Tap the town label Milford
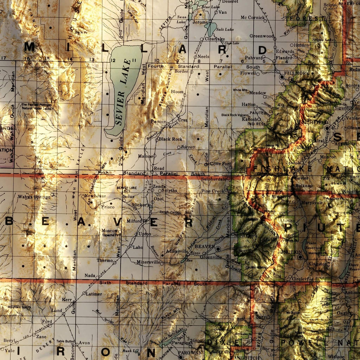tap(134, 221)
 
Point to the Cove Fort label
tap(220, 164)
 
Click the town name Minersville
tap(148, 262)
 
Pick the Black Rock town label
tap(170, 139)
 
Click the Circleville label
tap(302, 279)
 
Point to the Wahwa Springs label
tap(34, 197)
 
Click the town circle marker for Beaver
tap(218, 249)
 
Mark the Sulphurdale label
tap(214, 179)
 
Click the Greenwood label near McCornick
tap(262, 36)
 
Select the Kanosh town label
tap(249, 119)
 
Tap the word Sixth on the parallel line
tap(105, 283)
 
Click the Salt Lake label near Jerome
tap(225, 29)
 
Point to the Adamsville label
tap(176, 251)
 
